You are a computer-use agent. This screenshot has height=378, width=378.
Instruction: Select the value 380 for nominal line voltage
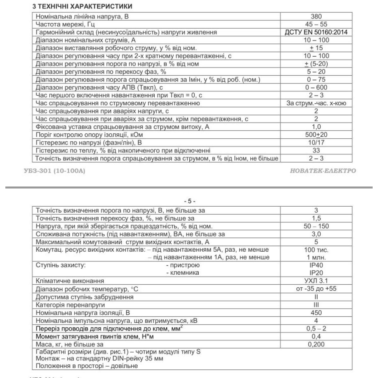tap(316, 16)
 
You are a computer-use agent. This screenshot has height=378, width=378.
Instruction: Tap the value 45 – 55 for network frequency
tap(316, 24)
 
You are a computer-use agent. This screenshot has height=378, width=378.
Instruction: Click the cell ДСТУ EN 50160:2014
tap(316, 32)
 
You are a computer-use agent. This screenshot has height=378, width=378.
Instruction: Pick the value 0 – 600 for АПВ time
tap(316, 87)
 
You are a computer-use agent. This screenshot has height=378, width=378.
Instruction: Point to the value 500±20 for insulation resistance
tap(316, 135)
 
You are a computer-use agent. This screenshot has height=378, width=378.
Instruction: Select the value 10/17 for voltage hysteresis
tap(316, 143)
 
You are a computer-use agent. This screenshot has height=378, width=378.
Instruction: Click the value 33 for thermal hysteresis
tap(316, 151)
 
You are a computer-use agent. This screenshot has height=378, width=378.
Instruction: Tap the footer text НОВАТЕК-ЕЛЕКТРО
tap(323, 171)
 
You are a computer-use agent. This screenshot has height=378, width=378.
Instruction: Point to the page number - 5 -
tap(189, 201)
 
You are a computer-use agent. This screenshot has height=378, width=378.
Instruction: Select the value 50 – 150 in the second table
tap(316, 226)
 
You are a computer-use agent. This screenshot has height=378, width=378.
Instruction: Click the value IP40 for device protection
tap(316, 265)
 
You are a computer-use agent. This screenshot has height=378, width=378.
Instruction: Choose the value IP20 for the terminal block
tap(316, 273)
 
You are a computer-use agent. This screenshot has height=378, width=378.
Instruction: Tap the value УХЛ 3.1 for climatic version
tap(316, 281)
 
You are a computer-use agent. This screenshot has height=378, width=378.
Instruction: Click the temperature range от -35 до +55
tap(316, 289)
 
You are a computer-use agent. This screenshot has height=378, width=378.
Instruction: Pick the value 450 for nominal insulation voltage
tap(316, 313)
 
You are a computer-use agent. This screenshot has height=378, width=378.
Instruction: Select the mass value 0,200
tap(316, 344)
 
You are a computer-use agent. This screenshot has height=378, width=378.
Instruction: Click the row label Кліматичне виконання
tap(70, 281)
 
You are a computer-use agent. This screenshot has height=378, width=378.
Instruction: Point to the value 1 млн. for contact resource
tap(316, 257)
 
